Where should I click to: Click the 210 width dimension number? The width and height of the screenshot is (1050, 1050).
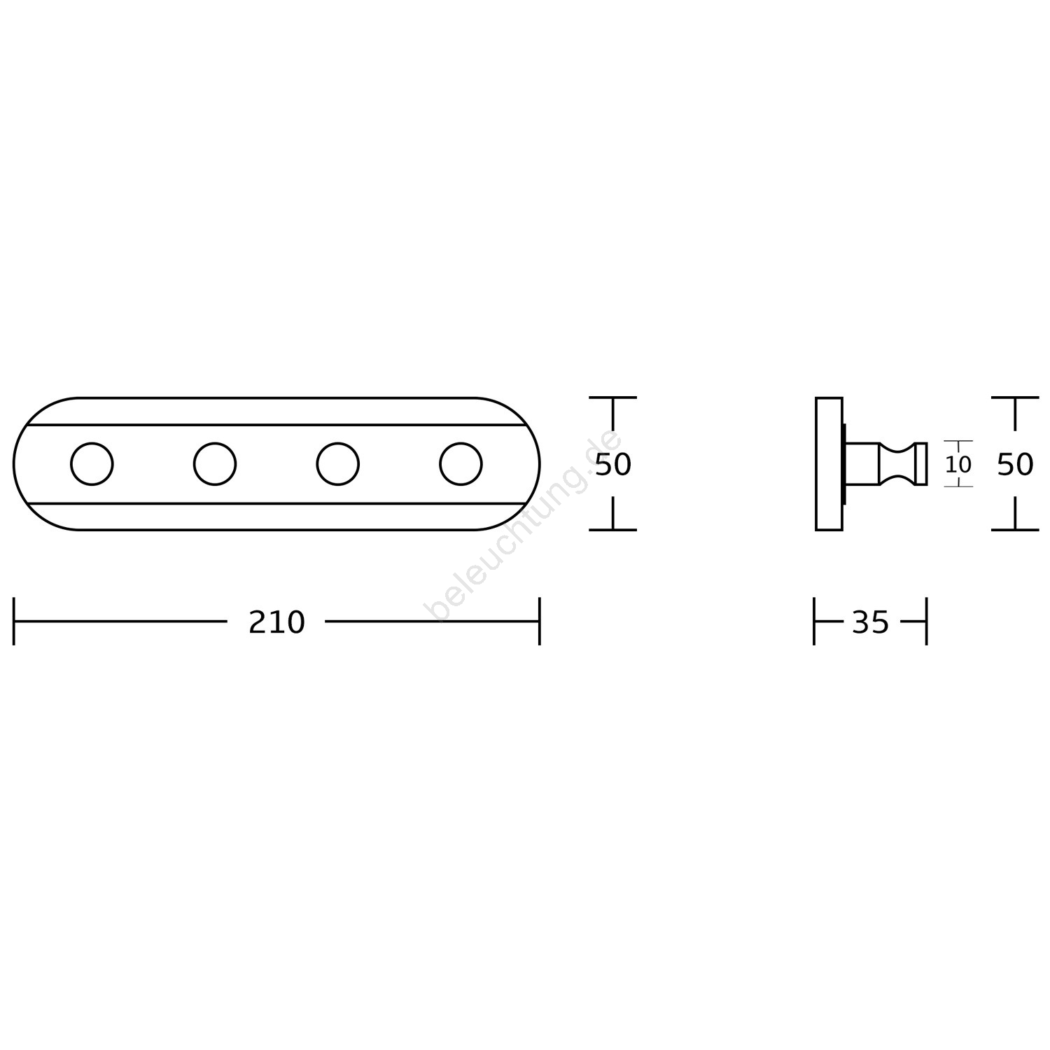276,622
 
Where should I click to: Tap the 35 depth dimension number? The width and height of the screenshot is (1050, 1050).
870,622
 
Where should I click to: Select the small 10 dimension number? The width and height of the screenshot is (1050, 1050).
958,464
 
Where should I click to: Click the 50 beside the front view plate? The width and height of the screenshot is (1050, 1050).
613,464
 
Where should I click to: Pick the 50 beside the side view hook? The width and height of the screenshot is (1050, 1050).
1015,464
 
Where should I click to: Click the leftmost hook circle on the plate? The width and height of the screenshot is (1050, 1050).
92,463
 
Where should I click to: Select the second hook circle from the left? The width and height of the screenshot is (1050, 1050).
215,463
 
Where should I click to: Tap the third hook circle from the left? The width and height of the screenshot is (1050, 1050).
338,463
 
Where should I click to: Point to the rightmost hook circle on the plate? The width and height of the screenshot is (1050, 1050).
461,463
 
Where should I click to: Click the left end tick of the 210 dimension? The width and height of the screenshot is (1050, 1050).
14,621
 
